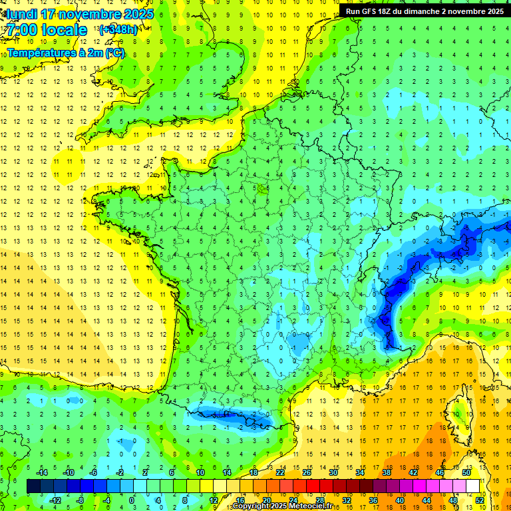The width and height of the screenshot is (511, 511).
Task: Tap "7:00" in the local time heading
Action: (21, 31)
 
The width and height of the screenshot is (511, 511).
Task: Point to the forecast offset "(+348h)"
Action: (119, 30)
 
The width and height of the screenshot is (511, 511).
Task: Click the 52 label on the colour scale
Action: (480, 500)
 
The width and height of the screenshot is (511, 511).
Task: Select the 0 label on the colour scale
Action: (132, 500)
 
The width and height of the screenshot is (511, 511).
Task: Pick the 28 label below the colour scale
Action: (319, 500)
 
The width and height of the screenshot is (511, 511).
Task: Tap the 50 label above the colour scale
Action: (466, 472)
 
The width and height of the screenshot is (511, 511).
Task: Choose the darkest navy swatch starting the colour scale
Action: (33, 486)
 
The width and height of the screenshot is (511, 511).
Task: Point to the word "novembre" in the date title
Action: (84, 14)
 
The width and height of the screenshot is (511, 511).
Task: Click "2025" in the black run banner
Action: (491, 11)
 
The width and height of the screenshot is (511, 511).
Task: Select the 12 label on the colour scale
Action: (213, 500)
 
